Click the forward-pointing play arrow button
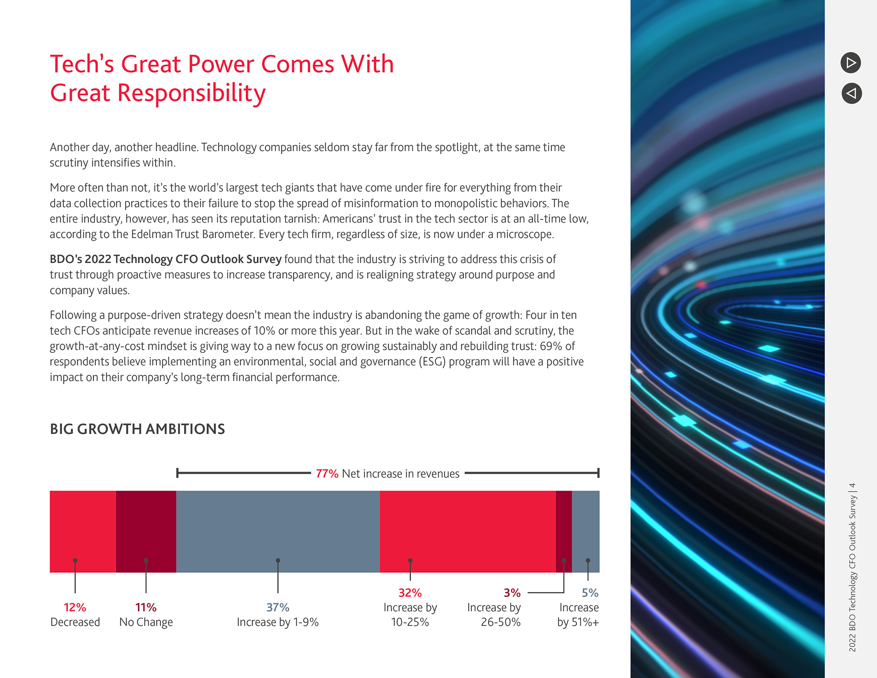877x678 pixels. (x=851, y=63)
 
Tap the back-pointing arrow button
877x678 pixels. (x=851, y=93)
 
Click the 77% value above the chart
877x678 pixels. (x=327, y=474)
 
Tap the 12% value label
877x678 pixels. (x=75, y=607)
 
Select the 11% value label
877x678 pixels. (x=146, y=607)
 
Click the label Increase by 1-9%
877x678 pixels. (x=278, y=622)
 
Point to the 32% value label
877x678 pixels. (x=410, y=593)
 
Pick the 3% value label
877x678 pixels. (x=512, y=593)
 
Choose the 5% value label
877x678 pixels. (x=590, y=593)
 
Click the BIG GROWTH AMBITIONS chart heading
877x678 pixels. (x=137, y=429)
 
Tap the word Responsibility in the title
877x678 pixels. (x=191, y=93)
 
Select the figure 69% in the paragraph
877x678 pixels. (x=551, y=346)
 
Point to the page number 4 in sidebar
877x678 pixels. (x=852, y=486)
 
